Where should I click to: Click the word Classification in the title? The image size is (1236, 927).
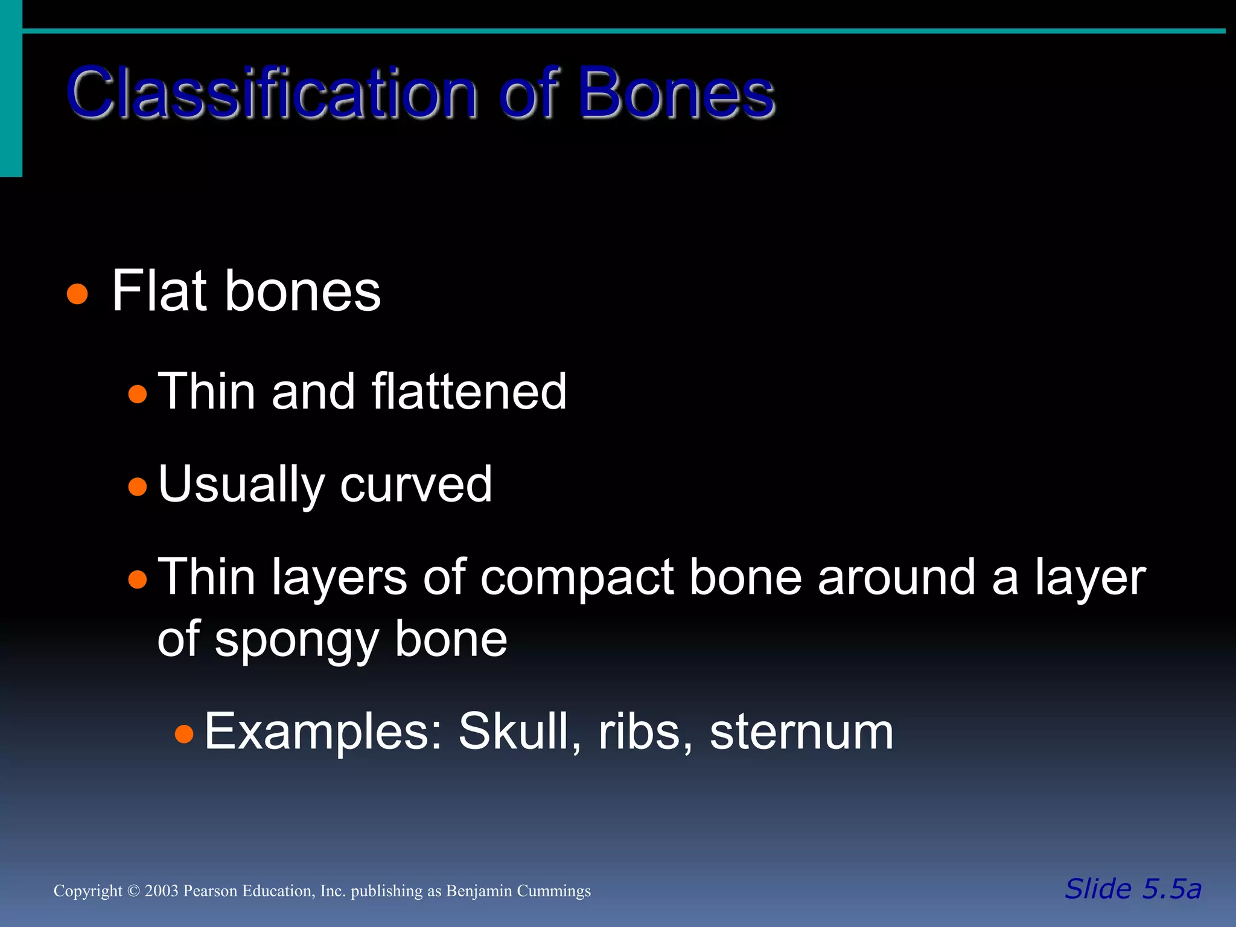(272, 94)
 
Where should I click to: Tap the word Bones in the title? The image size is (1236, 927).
(676, 94)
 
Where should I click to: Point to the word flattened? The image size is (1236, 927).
(469, 392)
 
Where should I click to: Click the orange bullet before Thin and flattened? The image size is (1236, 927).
(138, 394)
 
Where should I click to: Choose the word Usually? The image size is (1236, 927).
(241, 485)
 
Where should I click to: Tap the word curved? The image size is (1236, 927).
(416, 485)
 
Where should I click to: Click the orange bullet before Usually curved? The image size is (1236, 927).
(138, 486)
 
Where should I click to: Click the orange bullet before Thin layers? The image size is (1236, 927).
(138, 579)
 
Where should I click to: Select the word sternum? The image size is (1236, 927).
(801, 732)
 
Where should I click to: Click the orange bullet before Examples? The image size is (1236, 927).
(184, 734)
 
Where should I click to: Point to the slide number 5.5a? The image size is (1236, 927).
(1171, 889)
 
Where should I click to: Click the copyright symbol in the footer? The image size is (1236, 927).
(133, 891)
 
